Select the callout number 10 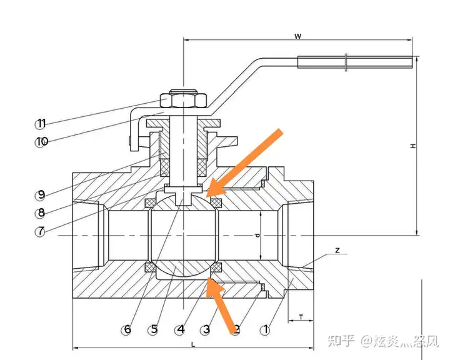[x=41, y=141]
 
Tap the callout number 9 [x=41, y=194]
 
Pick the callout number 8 [x=41, y=212]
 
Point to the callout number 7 [x=41, y=231]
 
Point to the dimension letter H [x=412, y=146]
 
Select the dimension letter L [x=193, y=344]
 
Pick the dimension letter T [x=300, y=317]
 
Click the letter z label [x=336, y=251]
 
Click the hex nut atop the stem [x=184, y=100]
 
